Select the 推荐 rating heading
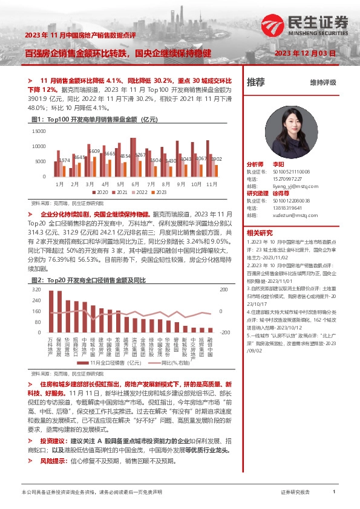coord(256,82)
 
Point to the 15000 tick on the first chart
coord(38,131)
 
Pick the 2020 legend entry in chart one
coord(99,192)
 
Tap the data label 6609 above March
coord(93,151)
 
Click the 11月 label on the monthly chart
coord(212,183)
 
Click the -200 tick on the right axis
coord(224,332)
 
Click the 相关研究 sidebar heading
coord(260,233)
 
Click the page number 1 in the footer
coord(334,493)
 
